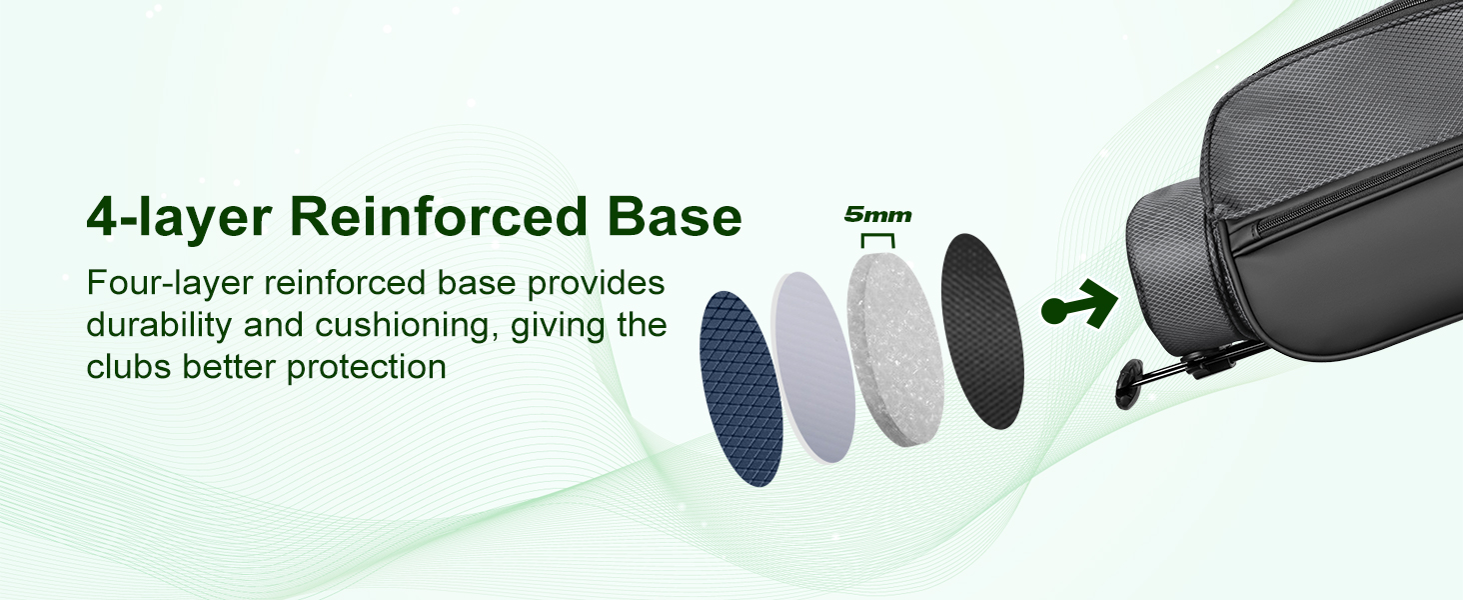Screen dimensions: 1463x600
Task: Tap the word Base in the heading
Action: pyautogui.click(x=675, y=216)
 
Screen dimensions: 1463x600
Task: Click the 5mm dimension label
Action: pyautogui.click(x=877, y=214)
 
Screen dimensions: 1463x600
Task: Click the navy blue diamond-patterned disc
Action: pyautogui.click(x=740, y=388)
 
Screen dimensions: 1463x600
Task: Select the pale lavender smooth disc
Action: pyautogui.click(x=812, y=367)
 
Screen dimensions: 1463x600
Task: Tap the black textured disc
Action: pyautogui.click(x=981, y=331)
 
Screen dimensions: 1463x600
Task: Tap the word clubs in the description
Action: pyautogui.click(x=129, y=366)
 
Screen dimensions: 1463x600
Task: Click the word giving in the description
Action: pyautogui.click(x=558, y=325)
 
